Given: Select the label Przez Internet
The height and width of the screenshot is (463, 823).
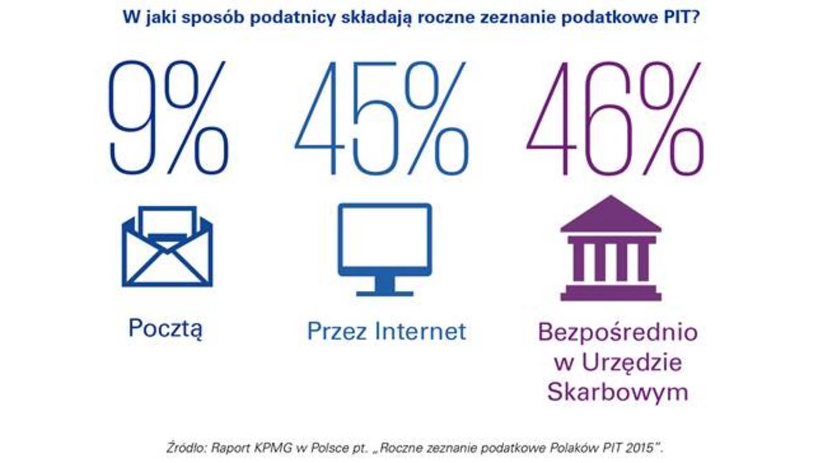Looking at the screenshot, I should coord(386,331).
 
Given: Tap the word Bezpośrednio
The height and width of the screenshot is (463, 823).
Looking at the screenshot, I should coord(618,333).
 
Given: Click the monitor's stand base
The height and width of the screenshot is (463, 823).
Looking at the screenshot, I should coord(385,291).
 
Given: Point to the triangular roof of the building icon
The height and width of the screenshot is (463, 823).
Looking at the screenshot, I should coord(610,214).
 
